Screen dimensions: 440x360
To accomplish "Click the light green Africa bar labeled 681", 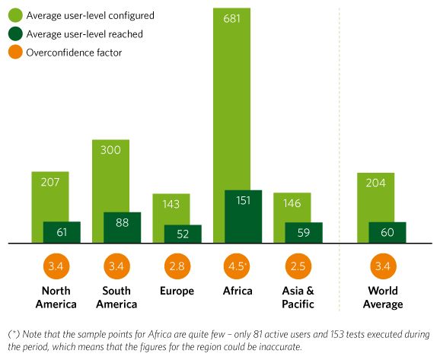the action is (231, 98).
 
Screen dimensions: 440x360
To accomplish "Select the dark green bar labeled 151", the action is (244, 216).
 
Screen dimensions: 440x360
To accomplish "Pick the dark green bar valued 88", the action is (122, 228).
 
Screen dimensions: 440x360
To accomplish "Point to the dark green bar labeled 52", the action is (183, 234).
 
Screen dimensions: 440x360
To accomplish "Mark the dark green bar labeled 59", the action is (304, 233).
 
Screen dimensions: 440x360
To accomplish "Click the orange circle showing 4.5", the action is (237, 266).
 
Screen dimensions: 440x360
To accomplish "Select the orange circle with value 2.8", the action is (177, 266).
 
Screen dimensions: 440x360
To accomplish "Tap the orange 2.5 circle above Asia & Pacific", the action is (298, 266).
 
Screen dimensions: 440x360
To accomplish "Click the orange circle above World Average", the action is (384, 266).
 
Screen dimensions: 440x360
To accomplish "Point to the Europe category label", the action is (177, 291).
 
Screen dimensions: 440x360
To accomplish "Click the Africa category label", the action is (238, 291).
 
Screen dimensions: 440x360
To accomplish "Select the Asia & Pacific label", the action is (298, 298).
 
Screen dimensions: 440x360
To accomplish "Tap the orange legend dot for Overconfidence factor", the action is (15, 53).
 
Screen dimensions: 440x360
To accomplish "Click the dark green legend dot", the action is (15, 33).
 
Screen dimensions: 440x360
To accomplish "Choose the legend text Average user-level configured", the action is (90, 16).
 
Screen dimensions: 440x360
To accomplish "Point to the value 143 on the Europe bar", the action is (171, 204).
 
